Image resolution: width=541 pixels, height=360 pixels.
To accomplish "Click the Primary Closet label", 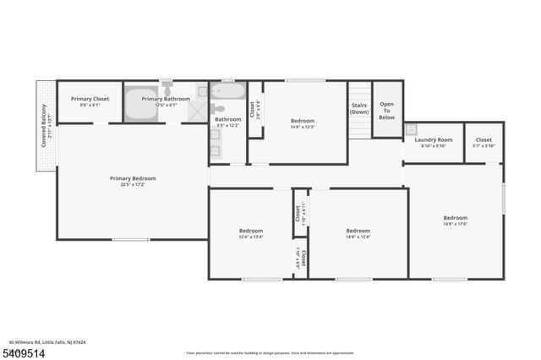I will (90, 99).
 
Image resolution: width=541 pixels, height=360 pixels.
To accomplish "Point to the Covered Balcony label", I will (44, 123).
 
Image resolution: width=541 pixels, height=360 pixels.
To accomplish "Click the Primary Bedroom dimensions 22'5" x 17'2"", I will (133, 184).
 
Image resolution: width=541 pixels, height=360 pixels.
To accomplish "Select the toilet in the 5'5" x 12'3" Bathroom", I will (217, 107).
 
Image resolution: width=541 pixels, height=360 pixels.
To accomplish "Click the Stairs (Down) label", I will (359, 108).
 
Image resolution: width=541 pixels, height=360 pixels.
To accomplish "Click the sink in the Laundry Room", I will (411, 129).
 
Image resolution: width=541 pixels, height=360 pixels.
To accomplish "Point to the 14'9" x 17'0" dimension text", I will (456, 224).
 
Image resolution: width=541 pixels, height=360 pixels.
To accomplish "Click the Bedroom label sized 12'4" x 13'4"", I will (251, 231).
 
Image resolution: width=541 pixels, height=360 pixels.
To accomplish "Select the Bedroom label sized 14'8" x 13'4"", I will (358, 231).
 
